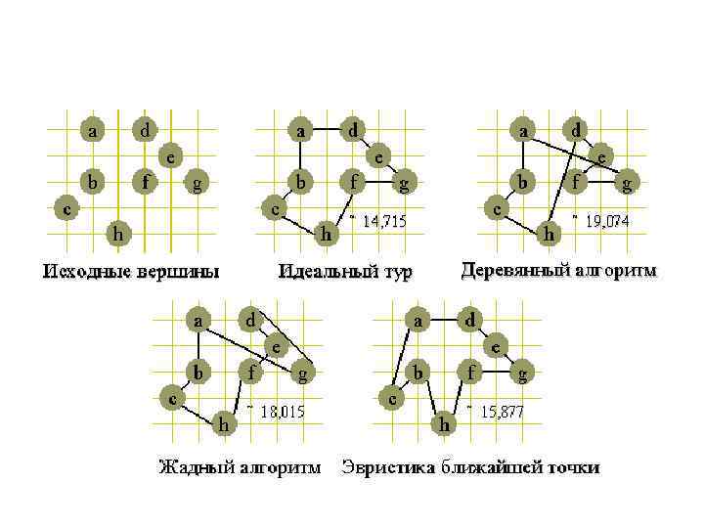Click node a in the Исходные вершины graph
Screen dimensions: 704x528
(93, 129)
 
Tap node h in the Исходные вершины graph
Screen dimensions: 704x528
(118, 233)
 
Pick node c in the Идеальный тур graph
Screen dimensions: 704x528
(277, 207)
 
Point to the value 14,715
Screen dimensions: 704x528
(383, 223)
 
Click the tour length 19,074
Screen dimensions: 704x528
(606, 222)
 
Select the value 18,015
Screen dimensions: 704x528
(283, 412)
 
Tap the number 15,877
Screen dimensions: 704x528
(502, 412)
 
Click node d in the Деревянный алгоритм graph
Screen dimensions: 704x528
(577, 129)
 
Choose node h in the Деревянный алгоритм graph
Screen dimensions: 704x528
(550, 234)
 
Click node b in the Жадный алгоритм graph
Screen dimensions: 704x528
(198, 373)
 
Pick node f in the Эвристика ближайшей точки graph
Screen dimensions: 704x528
(470, 373)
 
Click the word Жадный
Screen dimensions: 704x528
(195, 467)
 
